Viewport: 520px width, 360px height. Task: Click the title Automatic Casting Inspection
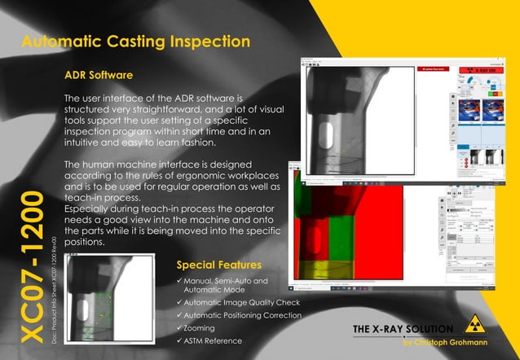pyautogui.click(x=134, y=42)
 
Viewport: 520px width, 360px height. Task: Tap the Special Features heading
pyautogui.click(x=218, y=265)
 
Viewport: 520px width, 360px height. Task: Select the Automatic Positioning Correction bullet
pyautogui.click(x=244, y=315)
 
